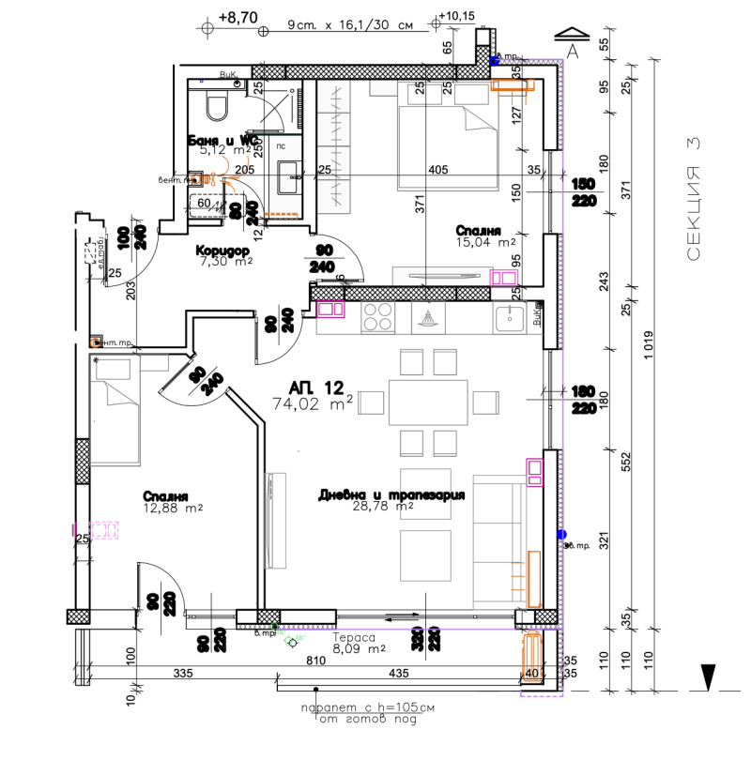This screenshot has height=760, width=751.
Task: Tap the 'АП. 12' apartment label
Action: coord(316,387)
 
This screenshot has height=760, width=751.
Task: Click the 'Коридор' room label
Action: coord(221,251)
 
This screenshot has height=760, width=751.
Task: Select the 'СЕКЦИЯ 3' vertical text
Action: coord(693,198)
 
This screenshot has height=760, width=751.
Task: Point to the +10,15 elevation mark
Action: coord(458,17)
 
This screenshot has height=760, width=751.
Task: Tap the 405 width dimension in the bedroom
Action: coord(437,170)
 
